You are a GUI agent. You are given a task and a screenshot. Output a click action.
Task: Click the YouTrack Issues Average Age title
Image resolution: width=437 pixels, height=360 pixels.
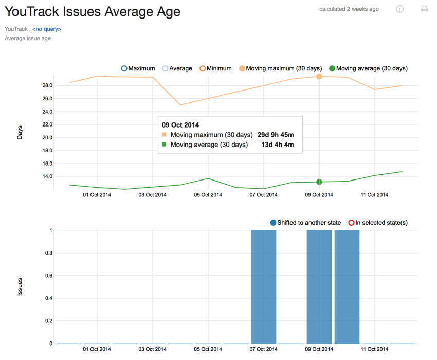click(x=93, y=11)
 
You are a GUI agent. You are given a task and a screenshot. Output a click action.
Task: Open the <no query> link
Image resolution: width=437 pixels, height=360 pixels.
click(x=47, y=29)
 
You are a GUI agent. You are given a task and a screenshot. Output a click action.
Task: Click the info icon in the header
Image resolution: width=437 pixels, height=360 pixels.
click(x=399, y=9)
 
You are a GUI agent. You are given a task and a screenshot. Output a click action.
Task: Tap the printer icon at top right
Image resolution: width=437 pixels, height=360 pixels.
click(x=424, y=9)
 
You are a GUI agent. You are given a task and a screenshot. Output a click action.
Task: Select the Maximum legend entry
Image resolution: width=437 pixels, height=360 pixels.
click(x=138, y=68)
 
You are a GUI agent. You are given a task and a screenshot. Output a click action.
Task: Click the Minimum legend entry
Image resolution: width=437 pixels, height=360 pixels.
click(x=215, y=68)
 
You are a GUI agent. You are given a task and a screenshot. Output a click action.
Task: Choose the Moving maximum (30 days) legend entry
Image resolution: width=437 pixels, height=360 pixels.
click(x=280, y=68)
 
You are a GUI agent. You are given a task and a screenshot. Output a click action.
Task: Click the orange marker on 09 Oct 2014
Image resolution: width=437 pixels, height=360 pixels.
click(x=319, y=77)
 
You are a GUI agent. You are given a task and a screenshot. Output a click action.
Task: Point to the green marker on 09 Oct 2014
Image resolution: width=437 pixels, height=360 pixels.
click(x=319, y=182)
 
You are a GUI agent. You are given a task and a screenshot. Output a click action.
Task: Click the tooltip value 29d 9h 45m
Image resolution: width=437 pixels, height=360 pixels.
click(x=276, y=135)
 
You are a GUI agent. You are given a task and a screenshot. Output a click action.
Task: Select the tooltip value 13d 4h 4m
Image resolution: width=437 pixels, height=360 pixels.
click(x=278, y=145)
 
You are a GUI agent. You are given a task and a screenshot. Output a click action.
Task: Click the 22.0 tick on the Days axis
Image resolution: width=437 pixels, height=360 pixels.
click(x=47, y=124)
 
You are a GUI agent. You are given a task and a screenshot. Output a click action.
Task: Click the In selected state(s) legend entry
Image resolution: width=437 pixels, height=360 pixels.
click(x=378, y=223)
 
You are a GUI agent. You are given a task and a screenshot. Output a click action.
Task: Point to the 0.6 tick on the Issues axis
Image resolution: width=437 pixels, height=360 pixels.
click(x=48, y=276)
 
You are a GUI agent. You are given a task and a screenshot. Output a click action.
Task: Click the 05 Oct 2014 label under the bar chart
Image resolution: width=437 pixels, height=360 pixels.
click(x=208, y=349)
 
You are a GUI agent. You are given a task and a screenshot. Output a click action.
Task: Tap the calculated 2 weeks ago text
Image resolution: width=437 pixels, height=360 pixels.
click(x=349, y=9)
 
